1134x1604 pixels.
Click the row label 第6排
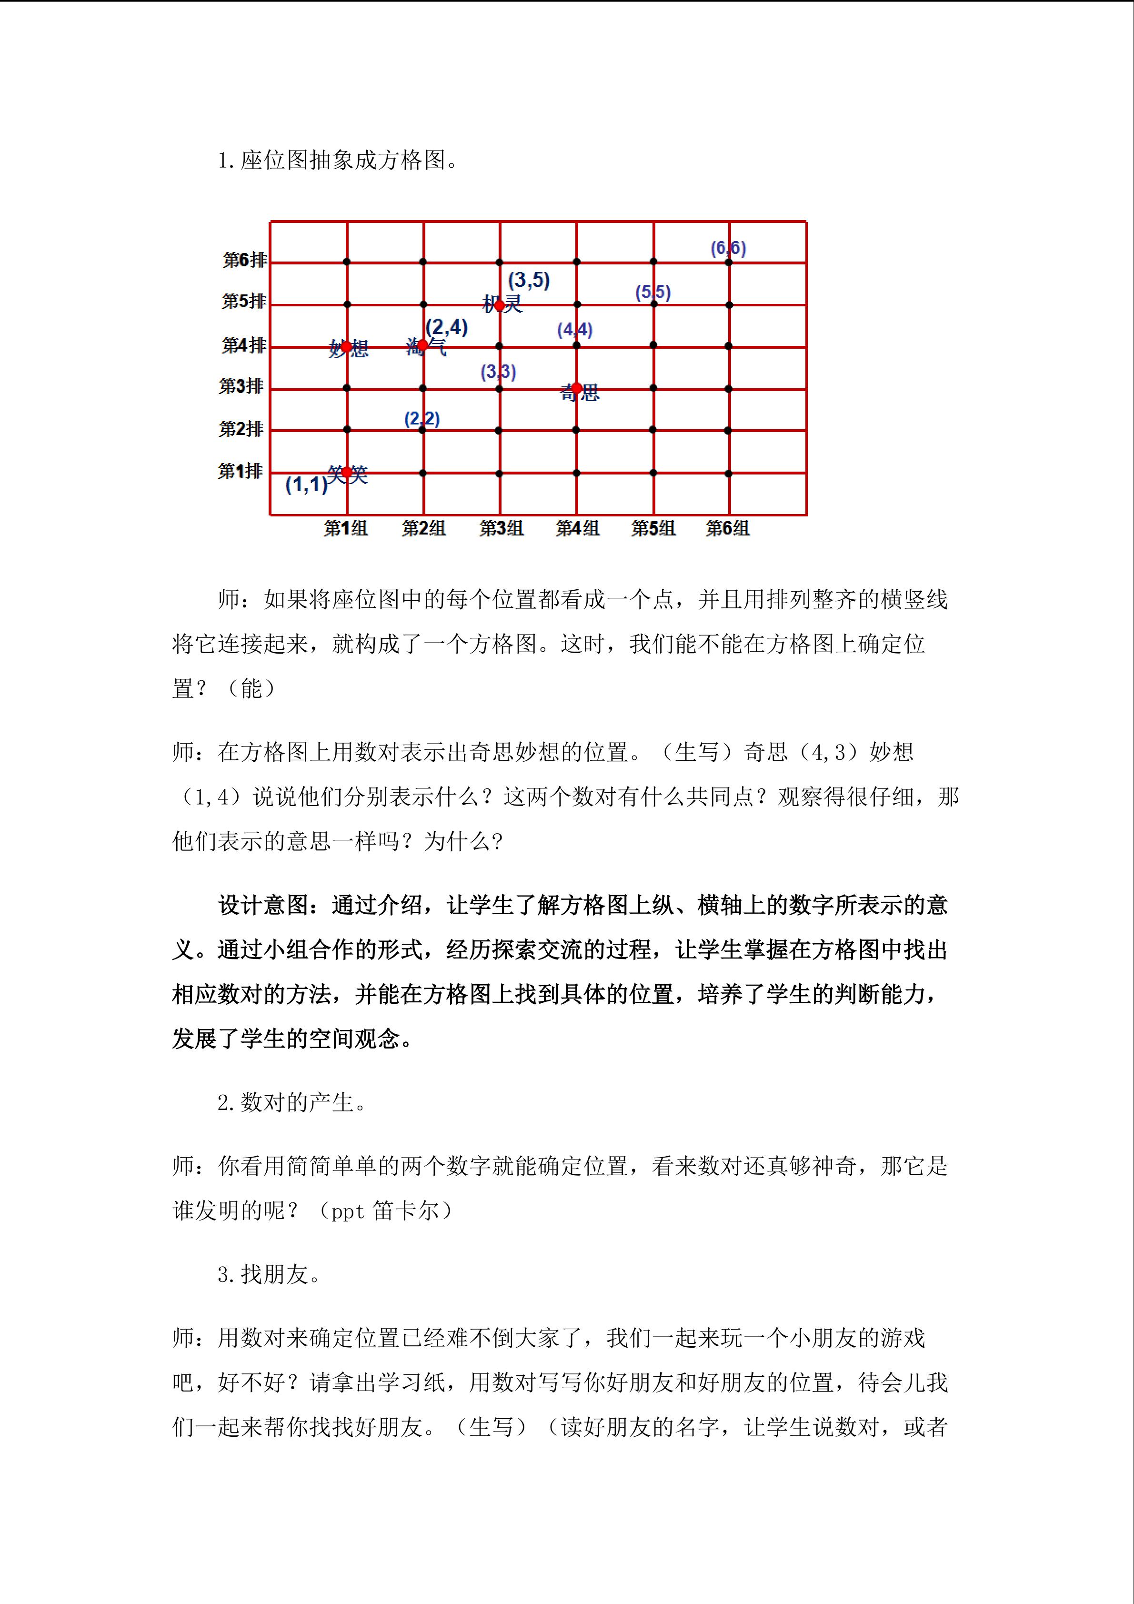pos(244,261)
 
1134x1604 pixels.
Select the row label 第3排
pos(241,386)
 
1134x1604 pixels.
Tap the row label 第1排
pos(240,472)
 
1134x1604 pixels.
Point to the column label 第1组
pos(346,529)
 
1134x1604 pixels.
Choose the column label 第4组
pos(577,529)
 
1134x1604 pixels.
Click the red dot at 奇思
pos(577,388)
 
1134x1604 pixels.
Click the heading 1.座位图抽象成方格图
pos(338,161)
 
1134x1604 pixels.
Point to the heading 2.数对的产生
pos(292,1103)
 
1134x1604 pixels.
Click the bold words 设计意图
pos(262,906)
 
